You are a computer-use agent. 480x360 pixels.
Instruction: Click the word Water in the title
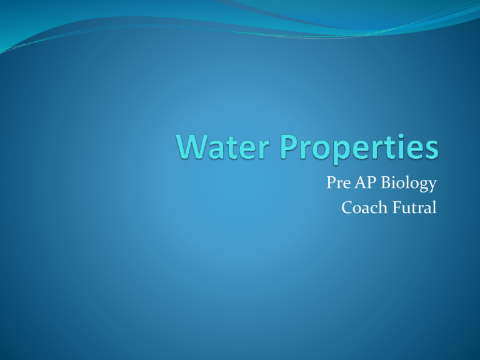(223, 147)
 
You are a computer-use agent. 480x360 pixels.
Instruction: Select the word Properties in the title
(359, 149)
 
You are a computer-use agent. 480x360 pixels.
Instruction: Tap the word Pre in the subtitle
(339, 182)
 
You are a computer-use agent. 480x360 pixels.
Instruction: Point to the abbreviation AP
(365, 182)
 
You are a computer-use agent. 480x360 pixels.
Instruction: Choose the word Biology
(409, 183)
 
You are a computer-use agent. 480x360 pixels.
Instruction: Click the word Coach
(364, 207)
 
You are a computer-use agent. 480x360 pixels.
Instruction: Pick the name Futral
(414, 207)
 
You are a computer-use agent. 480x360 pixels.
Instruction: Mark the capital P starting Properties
(288, 147)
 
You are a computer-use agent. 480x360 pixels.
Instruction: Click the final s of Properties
(431, 150)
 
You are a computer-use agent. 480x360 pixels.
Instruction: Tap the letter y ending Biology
(432, 186)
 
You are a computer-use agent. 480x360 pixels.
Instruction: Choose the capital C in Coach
(347, 207)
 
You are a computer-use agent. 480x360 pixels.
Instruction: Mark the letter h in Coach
(382, 207)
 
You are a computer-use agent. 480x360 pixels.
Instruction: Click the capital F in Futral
(397, 207)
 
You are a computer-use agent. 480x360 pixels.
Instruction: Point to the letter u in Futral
(406, 210)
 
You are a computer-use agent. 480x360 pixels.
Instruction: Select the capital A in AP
(360, 182)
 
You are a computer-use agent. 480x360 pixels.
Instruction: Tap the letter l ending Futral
(434, 207)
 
